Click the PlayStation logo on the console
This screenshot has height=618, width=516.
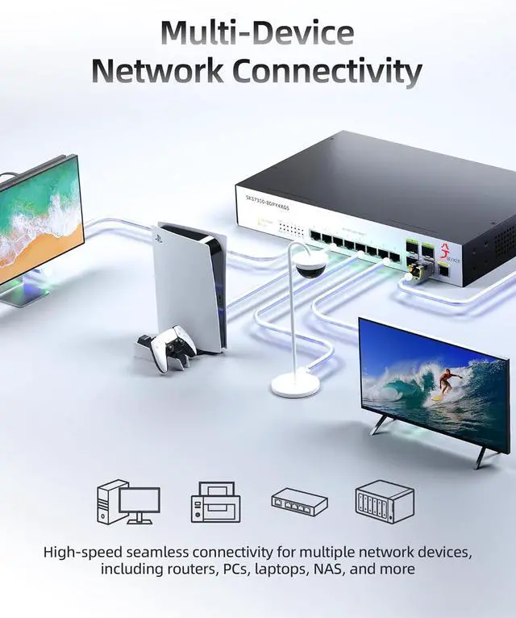point(157,239)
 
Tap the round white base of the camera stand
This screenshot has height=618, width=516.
point(295,382)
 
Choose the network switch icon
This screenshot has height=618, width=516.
point(299,501)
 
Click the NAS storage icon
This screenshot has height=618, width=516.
point(384,501)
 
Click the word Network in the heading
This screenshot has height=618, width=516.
point(158,71)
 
